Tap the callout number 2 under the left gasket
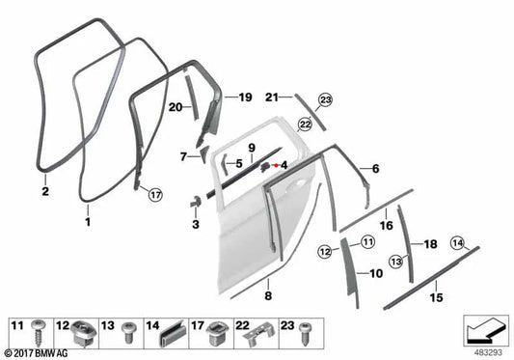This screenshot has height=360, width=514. pyautogui.click(x=45, y=190)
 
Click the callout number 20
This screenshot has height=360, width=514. pyautogui.click(x=176, y=108)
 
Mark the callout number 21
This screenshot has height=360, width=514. pyautogui.click(x=272, y=97)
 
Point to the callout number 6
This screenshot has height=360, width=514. pyautogui.click(x=375, y=169)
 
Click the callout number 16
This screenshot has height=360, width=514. pyautogui.click(x=386, y=225)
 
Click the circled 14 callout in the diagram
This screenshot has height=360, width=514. pyautogui.click(x=457, y=242)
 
